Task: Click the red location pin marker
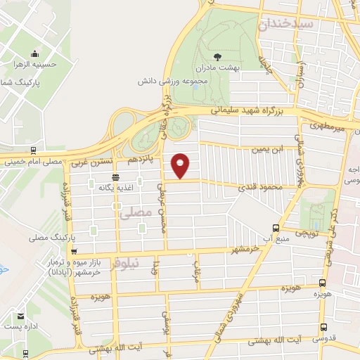tap(181, 165)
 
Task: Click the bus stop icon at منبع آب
tap(276, 228)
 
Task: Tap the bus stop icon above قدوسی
tap(323, 327)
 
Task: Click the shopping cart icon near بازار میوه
tap(74, 252)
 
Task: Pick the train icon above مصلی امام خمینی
tap(33, 150)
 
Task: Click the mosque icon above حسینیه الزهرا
tap(34, 54)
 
